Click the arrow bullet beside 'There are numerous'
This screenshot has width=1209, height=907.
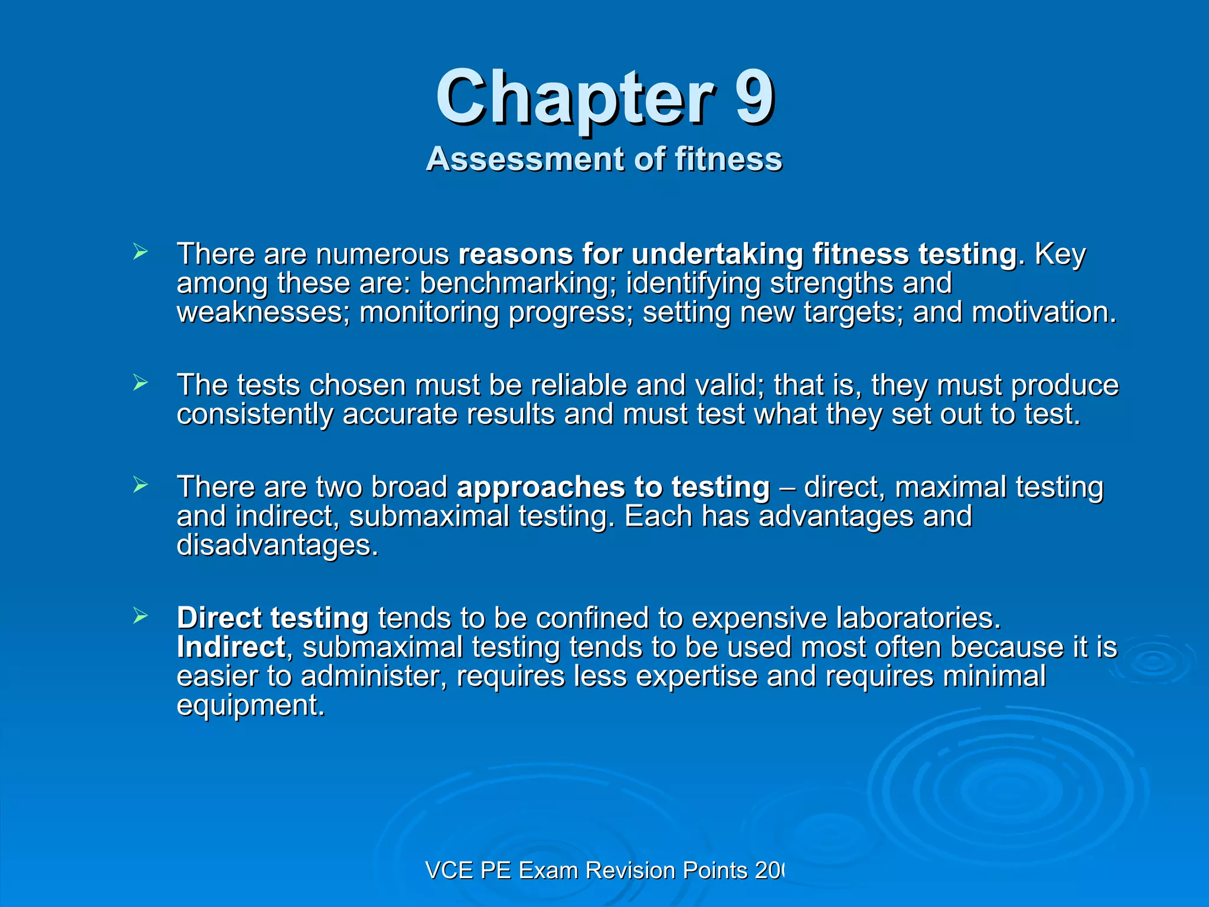(140, 253)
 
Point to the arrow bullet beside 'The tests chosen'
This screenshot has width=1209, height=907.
(140, 384)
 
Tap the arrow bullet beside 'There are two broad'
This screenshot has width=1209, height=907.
(140, 485)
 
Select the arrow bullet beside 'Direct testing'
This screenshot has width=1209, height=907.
(140, 616)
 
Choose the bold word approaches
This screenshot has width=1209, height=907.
(541, 488)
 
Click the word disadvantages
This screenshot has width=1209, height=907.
(277, 545)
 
